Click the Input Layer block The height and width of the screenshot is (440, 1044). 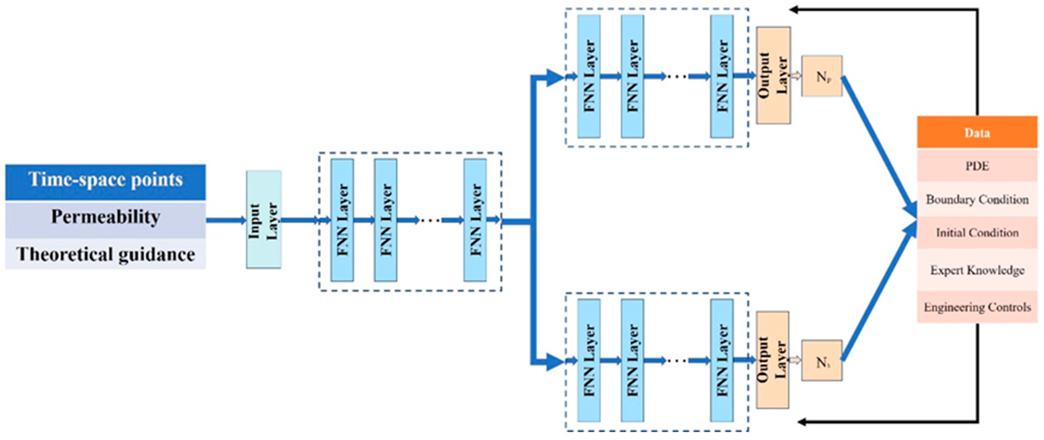point(264,219)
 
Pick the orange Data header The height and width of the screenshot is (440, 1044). point(977,132)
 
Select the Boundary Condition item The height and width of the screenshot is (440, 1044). point(977,199)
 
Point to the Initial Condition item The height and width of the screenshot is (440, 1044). point(977,233)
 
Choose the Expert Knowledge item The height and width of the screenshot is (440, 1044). point(977,270)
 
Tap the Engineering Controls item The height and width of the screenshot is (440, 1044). point(977,307)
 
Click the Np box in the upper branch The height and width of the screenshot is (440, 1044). point(821,76)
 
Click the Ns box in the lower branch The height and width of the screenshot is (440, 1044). point(821,360)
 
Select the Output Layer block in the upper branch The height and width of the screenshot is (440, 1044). point(773,75)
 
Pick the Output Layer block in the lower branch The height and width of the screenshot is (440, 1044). point(772,360)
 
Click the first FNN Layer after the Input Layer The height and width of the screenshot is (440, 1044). point(342,220)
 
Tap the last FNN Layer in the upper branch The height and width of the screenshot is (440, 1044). point(721,76)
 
